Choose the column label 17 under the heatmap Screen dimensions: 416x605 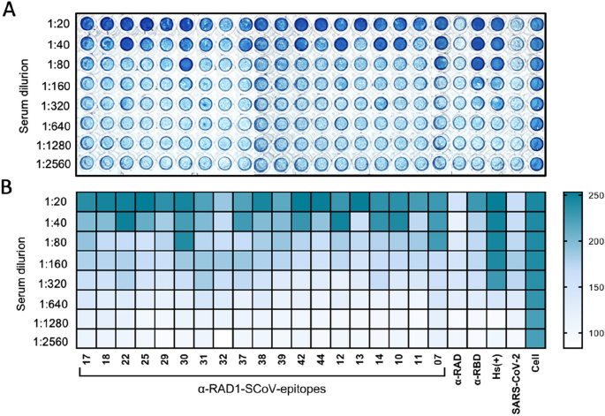(x=86, y=360)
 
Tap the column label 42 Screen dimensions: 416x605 (x=300, y=360)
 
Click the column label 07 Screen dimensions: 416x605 (x=438, y=360)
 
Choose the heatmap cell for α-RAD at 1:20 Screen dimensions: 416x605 (x=458, y=202)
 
